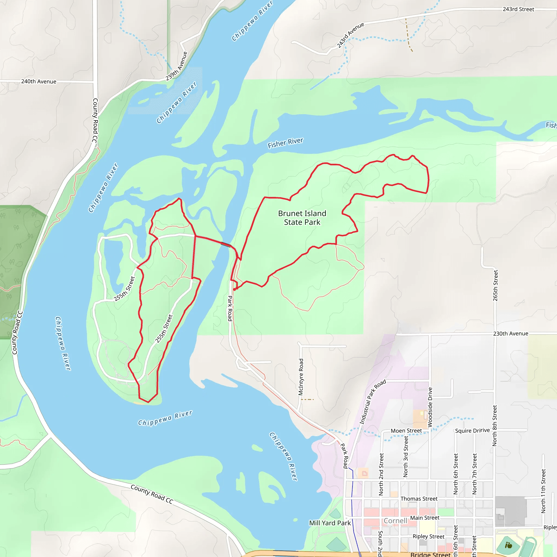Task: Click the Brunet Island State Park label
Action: coord(302,218)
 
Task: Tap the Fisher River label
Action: coord(285,143)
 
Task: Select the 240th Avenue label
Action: coord(39,82)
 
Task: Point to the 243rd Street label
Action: coord(518,9)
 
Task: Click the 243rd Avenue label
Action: coord(350,35)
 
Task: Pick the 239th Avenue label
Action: coord(177,66)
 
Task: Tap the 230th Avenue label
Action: coord(510,333)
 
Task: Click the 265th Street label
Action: coord(495,285)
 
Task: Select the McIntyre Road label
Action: coord(301,377)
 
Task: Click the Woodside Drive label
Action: coord(430,407)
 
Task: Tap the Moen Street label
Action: coord(406,431)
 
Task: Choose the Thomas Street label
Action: coord(419,499)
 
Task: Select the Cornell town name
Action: coord(395,521)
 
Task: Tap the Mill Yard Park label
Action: coord(330,523)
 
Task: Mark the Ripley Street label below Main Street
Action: coord(428,536)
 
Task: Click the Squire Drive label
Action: coord(472,431)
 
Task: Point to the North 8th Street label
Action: coord(495,426)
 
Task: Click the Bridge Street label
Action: coord(430,554)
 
